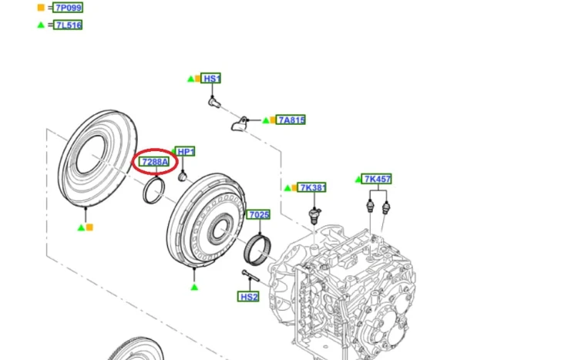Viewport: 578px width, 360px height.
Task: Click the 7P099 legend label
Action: (68, 8)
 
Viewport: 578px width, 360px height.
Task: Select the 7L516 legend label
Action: (68, 25)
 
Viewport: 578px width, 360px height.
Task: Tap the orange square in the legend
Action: (41, 8)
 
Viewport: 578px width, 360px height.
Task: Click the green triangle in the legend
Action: (41, 25)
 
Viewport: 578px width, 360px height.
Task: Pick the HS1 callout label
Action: (211, 78)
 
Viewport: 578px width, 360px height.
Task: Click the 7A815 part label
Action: (291, 120)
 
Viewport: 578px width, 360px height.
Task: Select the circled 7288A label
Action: (155, 162)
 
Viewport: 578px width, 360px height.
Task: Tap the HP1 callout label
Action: (185, 151)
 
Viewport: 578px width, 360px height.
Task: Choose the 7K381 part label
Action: (312, 187)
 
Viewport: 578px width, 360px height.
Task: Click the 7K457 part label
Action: (376, 179)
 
